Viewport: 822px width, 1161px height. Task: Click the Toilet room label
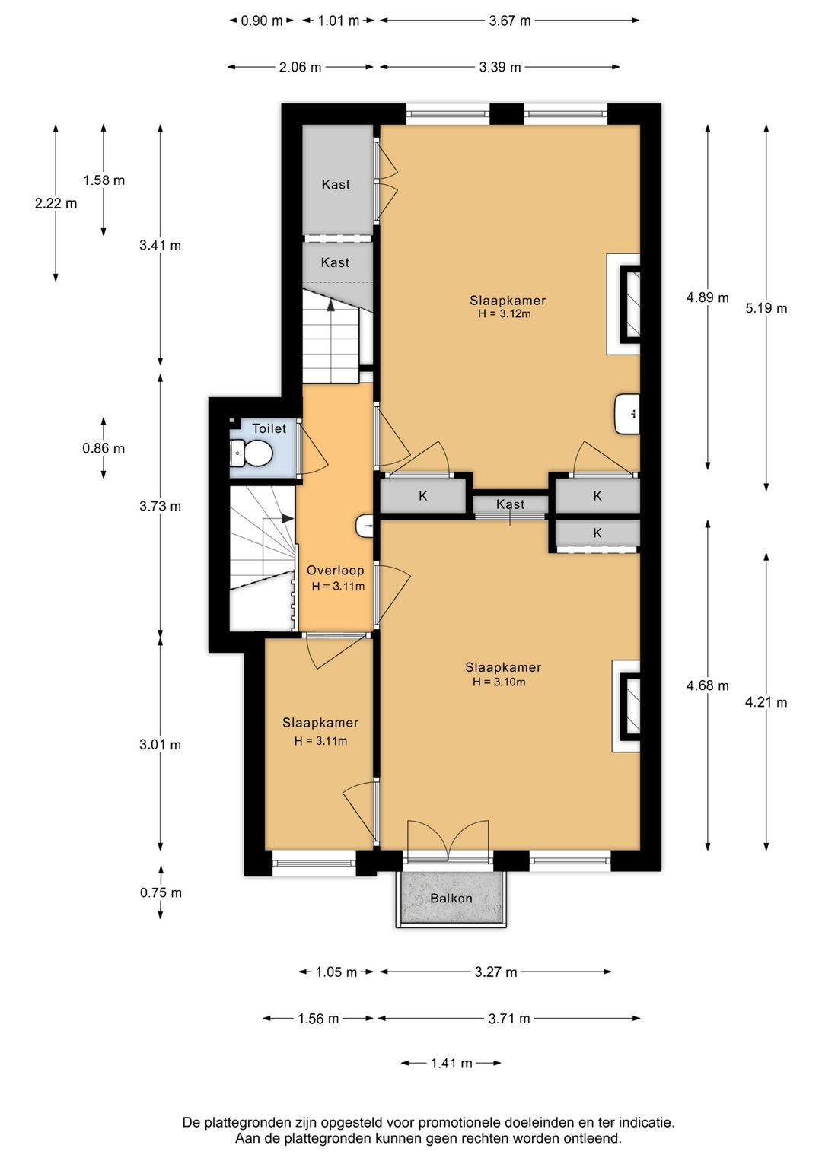tap(269, 428)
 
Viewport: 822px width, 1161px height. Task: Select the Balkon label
tap(451, 899)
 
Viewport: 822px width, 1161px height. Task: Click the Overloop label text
tap(335, 570)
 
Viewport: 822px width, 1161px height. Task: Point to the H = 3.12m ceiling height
tap(505, 313)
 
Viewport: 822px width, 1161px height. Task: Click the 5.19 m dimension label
tap(766, 308)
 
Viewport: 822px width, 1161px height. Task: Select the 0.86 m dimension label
tap(104, 448)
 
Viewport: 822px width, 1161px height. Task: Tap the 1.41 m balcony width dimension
tap(451, 1064)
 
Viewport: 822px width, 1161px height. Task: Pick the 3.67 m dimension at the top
tap(510, 21)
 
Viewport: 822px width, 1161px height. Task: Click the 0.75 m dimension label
tap(161, 892)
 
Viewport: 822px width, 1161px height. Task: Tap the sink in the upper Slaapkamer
tap(627, 414)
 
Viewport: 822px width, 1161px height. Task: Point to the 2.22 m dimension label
tap(56, 204)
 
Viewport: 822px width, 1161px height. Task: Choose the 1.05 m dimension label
tap(336, 972)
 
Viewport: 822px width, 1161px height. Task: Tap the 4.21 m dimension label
tap(766, 702)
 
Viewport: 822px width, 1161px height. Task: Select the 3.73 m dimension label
tap(161, 506)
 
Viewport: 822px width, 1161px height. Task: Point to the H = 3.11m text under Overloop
tap(338, 587)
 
